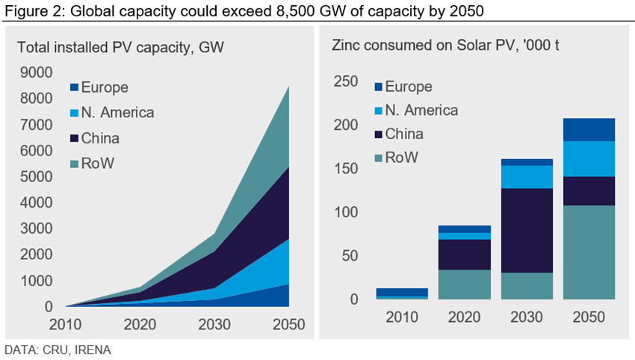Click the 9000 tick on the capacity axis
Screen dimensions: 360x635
click(37, 72)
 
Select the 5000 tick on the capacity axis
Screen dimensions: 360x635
click(37, 177)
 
